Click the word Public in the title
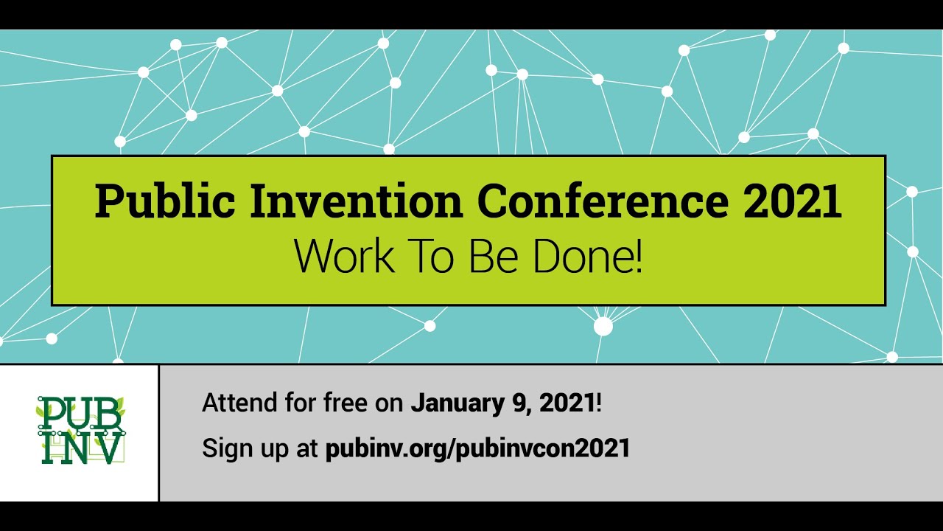point(165,201)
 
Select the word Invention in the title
point(356,201)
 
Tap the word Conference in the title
point(603,201)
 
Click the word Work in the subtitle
point(345,256)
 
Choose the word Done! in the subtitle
point(588,256)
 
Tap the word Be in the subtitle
point(493,256)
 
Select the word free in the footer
point(346,403)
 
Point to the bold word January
point(458,403)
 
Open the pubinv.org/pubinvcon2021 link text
point(478,448)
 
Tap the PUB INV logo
point(81,430)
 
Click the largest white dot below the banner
point(603,326)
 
